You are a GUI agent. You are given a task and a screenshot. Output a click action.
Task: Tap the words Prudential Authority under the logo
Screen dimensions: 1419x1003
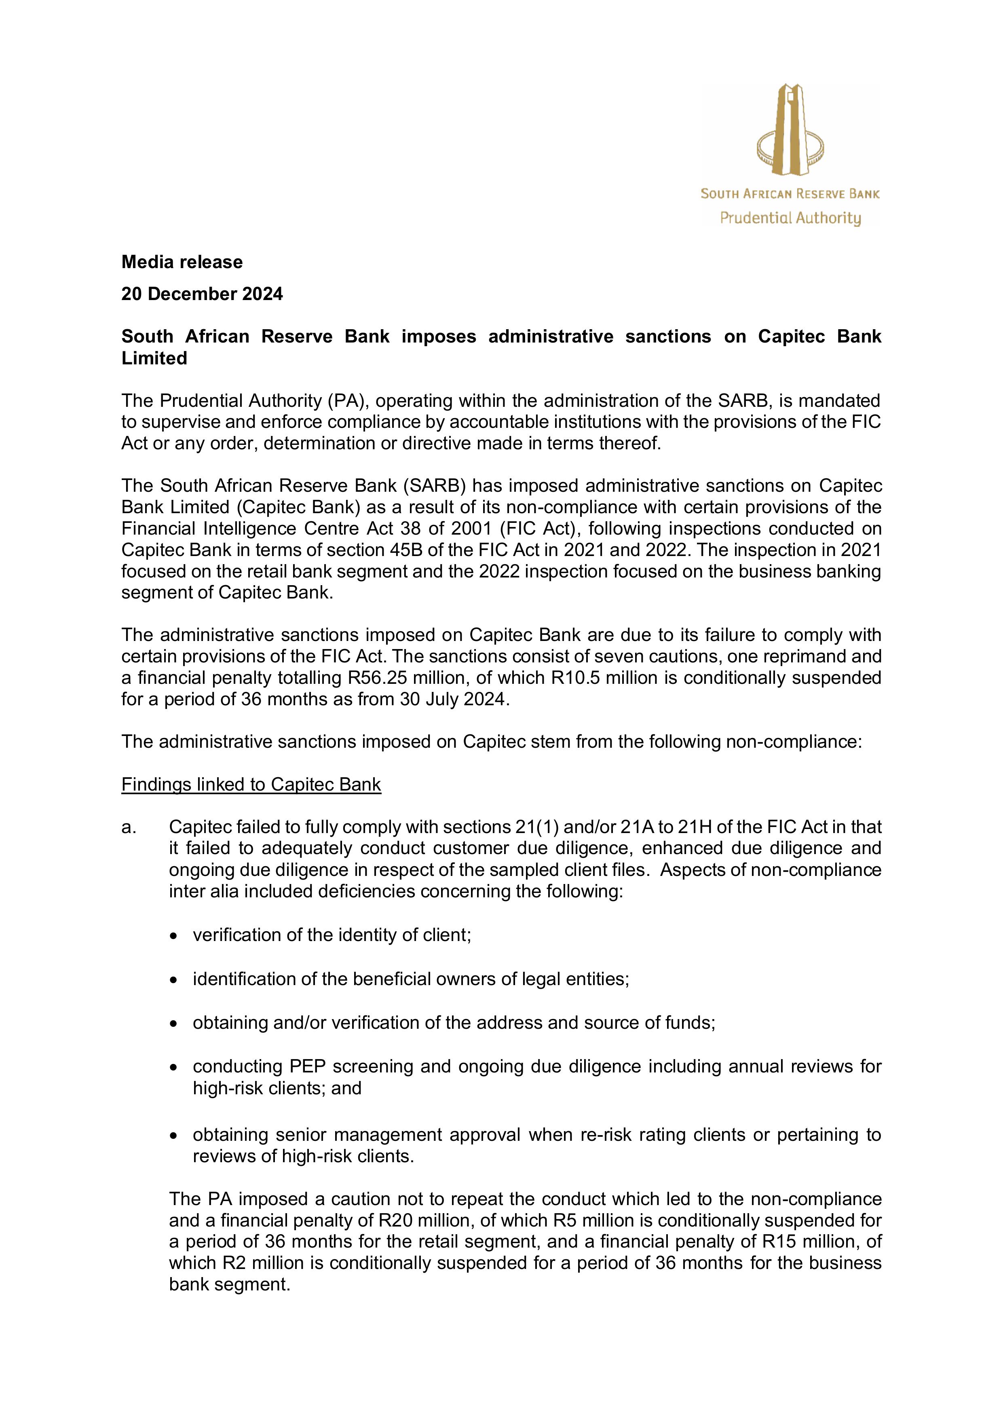point(790,218)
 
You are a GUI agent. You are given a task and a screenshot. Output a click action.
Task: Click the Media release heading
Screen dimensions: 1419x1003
point(182,262)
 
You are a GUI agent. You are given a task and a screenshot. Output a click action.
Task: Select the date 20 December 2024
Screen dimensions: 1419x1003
point(202,294)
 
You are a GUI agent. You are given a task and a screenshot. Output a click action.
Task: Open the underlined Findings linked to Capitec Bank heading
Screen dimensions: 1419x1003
point(251,784)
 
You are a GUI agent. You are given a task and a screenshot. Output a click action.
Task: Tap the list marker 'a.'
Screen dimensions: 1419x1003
point(129,827)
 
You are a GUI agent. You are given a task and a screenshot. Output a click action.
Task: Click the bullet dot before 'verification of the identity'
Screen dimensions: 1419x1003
point(175,936)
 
